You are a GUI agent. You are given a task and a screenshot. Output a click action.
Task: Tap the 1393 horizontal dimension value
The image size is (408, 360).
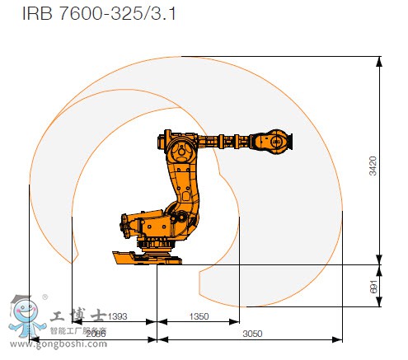point(118,316)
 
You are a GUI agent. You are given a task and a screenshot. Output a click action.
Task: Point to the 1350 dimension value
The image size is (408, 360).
point(199,316)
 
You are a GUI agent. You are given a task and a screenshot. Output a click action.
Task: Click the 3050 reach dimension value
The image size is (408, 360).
point(251,334)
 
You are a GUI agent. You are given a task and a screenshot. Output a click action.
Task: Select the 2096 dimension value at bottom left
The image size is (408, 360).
point(96,334)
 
